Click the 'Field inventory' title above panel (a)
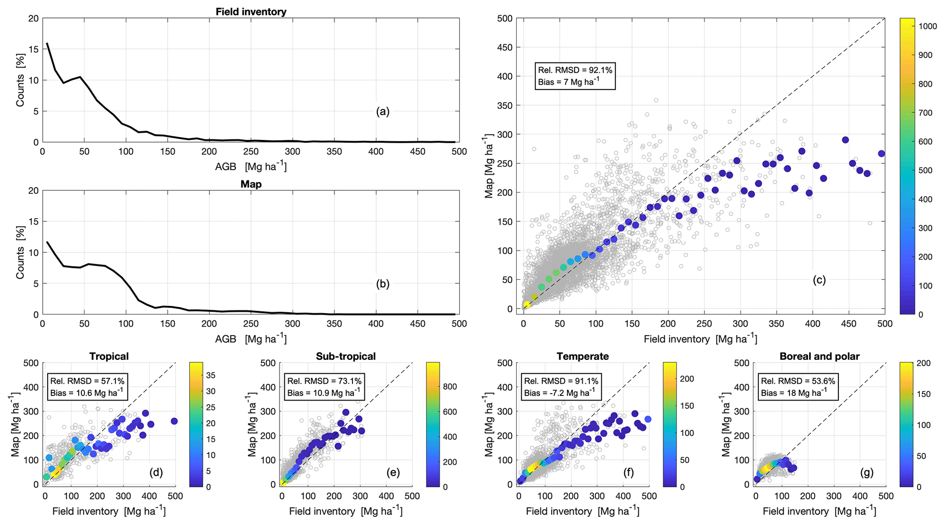click(x=251, y=11)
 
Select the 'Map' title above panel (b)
click(x=251, y=184)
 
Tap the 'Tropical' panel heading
click(x=109, y=356)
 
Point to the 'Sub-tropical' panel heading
click(x=346, y=356)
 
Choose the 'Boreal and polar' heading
click(x=820, y=356)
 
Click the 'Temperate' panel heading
click(x=582, y=356)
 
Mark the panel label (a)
click(x=383, y=112)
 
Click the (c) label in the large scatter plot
click(x=819, y=280)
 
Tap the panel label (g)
click(x=866, y=472)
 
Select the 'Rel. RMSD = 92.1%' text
click(x=575, y=70)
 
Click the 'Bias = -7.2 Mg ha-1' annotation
click(x=560, y=392)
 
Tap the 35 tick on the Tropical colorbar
click(x=211, y=375)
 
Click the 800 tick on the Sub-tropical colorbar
click(x=450, y=386)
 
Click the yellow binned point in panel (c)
click(x=527, y=305)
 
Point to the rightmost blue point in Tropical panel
click(x=174, y=421)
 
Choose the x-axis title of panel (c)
click(x=700, y=339)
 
